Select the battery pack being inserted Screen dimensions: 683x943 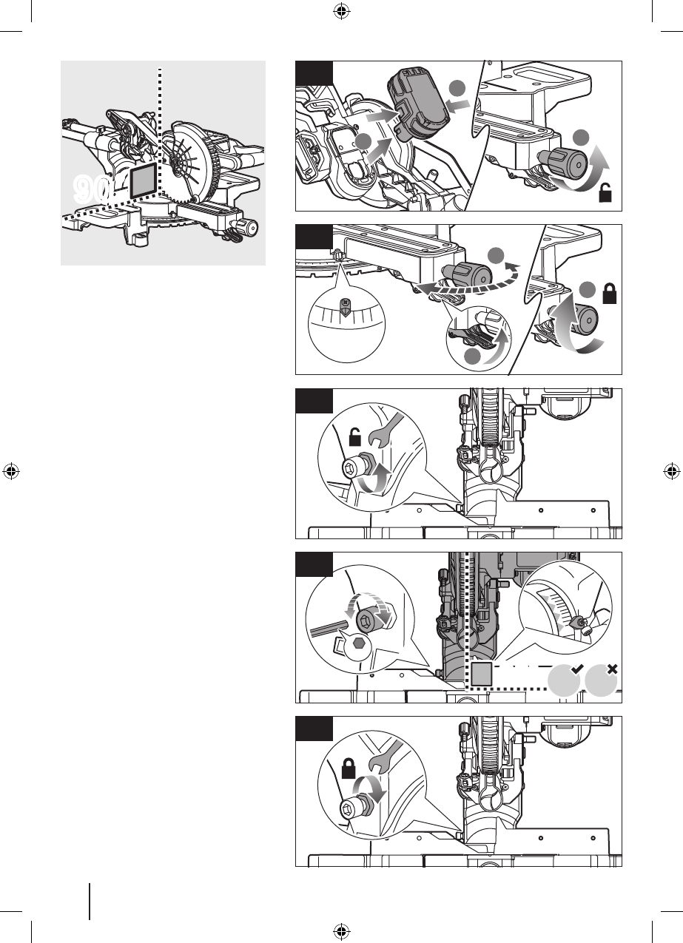(418, 104)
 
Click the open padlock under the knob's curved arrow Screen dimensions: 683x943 (605, 192)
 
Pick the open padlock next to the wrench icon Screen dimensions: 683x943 (355, 436)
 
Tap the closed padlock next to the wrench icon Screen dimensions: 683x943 (349, 768)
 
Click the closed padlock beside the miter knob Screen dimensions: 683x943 (610, 294)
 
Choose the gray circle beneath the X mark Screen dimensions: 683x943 (601, 680)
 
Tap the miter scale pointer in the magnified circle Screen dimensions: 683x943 (345, 306)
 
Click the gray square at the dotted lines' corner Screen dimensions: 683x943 (481, 674)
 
